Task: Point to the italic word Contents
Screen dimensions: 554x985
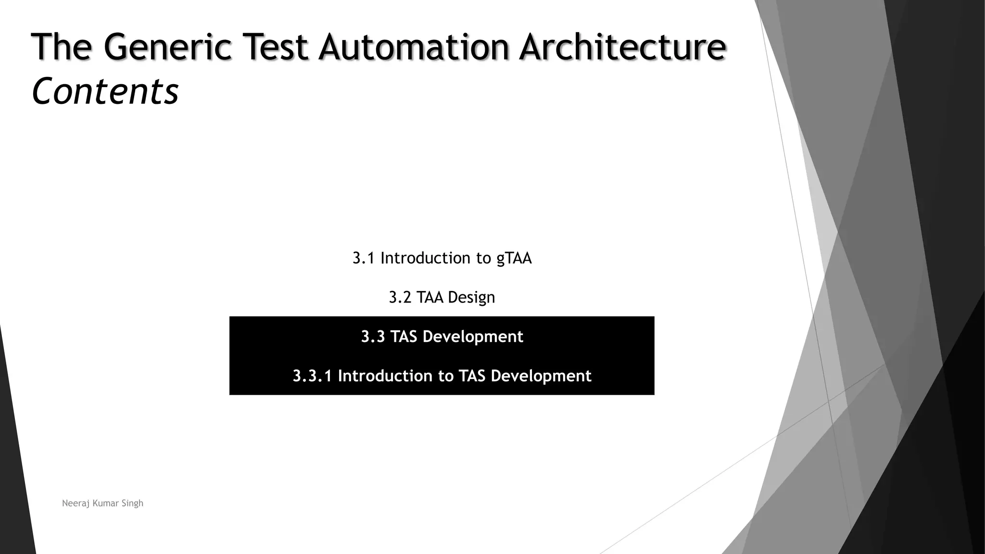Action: [x=105, y=91]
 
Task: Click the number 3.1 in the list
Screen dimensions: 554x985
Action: [x=363, y=258]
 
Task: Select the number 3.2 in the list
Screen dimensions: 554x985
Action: [x=400, y=298]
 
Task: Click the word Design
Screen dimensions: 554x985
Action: [x=471, y=298]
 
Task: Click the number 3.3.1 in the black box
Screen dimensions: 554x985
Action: [x=312, y=376]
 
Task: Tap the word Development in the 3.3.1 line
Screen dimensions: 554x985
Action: [x=541, y=376]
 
